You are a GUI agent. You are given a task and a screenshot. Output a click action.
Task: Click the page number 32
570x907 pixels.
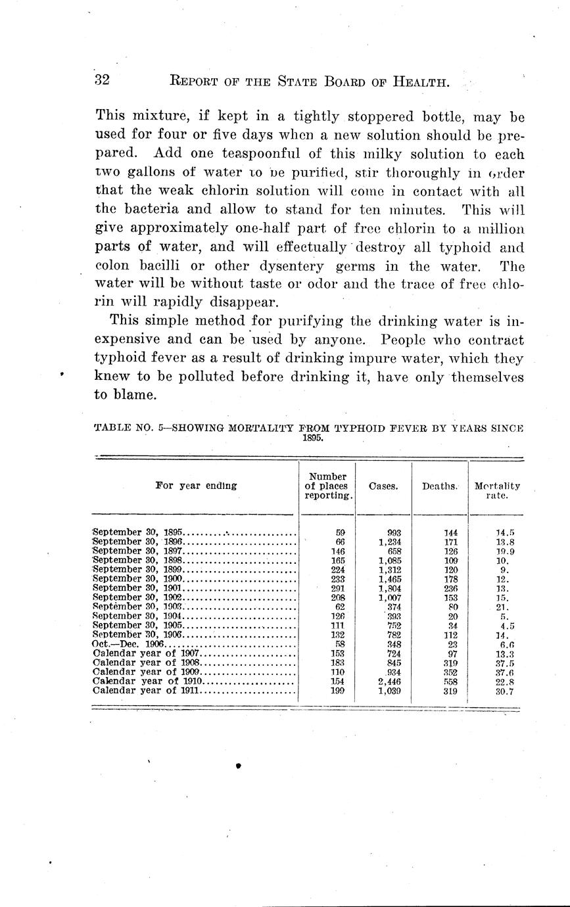pyautogui.click(x=102, y=81)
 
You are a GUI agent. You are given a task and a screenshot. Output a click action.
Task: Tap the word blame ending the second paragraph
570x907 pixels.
pyautogui.click(x=139, y=396)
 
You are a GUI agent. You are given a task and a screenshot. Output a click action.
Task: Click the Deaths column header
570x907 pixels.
pyautogui.click(x=439, y=486)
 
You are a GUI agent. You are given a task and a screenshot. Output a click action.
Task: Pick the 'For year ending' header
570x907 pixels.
pyautogui.click(x=196, y=486)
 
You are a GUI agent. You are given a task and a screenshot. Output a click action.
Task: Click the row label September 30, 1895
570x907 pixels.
pyautogui.click(x=138, y=532)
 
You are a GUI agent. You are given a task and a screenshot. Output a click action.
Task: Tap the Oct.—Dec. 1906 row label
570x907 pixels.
pyautogui.click(x=129, y=645)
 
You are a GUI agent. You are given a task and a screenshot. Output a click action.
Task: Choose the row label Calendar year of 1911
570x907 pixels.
pyautogui.click(x=148, y=691)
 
